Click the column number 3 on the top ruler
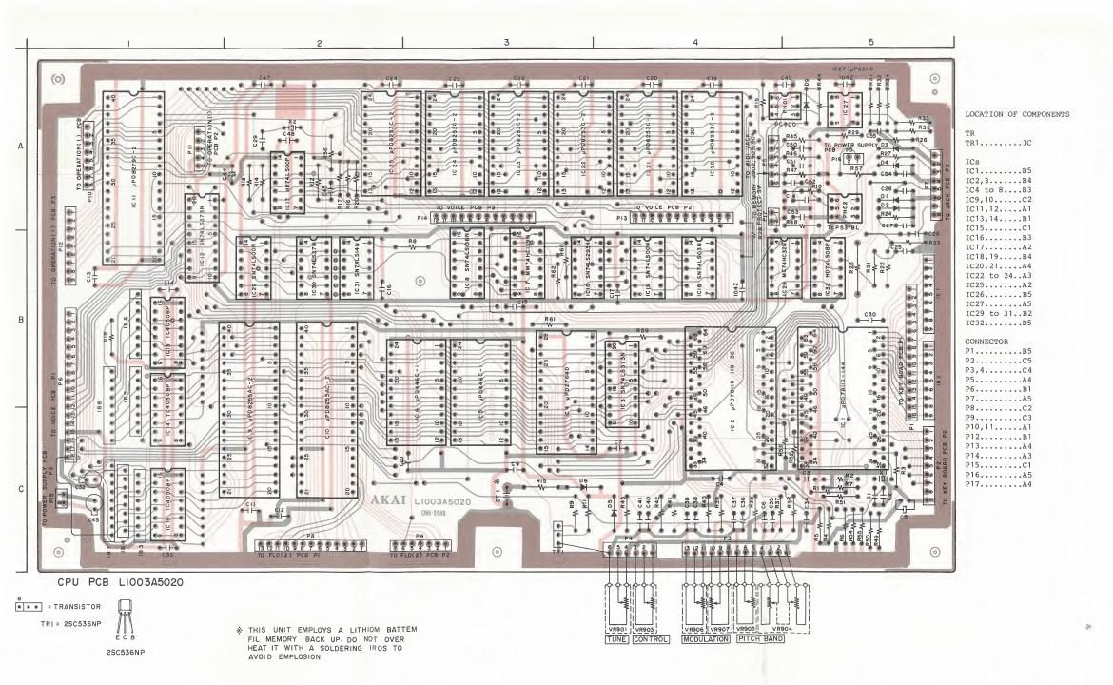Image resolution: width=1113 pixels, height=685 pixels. [507, 43]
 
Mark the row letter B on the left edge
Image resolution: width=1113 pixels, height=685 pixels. [20, 320]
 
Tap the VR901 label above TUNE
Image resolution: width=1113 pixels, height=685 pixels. [619, 629]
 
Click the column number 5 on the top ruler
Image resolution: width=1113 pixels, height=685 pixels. [870, 43]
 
